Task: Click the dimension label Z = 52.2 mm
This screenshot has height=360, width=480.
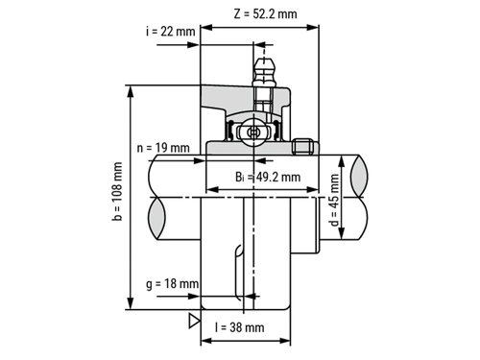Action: point(265,13)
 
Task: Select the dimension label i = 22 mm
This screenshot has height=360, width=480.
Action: point(171,32)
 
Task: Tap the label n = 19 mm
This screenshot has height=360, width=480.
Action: point(163,148)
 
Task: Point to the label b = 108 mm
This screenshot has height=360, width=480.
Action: point(117,191)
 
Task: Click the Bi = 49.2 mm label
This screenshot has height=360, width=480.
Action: point(268,177)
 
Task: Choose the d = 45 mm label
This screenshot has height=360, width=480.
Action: point(334,200)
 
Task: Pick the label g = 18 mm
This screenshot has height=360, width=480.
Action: point(172,284)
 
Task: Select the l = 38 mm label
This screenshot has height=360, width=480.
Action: point(240,327)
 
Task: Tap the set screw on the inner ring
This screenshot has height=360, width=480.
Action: point(302,146)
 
